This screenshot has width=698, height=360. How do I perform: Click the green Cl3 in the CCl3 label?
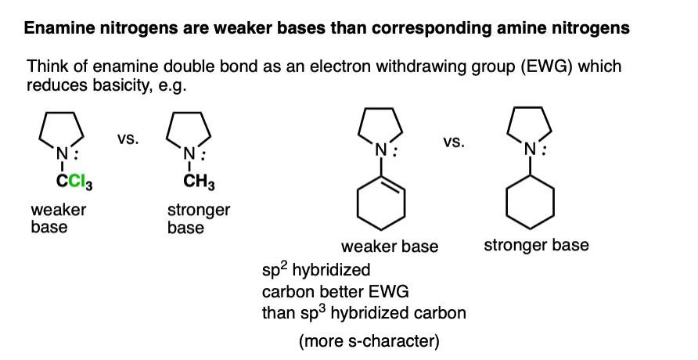pos(80,183)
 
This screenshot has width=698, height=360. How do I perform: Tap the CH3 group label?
pos(199,183)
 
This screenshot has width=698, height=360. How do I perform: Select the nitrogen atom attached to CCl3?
pos(63,154)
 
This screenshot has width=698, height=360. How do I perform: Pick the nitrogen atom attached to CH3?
pos(189,154)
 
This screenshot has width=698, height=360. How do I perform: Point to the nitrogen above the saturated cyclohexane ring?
pos(530,149)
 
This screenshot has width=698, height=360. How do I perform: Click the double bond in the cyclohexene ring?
pos(393,182)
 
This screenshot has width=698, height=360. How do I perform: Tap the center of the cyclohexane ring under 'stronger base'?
pos(531,202)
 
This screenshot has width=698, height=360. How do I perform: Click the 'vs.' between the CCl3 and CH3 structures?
pos(128,139)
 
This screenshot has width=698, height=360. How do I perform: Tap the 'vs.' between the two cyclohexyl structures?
pos(454,142)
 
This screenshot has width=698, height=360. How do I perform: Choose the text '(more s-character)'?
pos(369,341)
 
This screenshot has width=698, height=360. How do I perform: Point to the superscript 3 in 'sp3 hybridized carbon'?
pos(322,308)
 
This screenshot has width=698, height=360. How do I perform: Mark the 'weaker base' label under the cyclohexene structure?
pos(390,246)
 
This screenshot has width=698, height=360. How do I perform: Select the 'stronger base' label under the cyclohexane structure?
pos(536,245)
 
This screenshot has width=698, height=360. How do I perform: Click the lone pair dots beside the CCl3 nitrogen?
pos(77,155)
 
